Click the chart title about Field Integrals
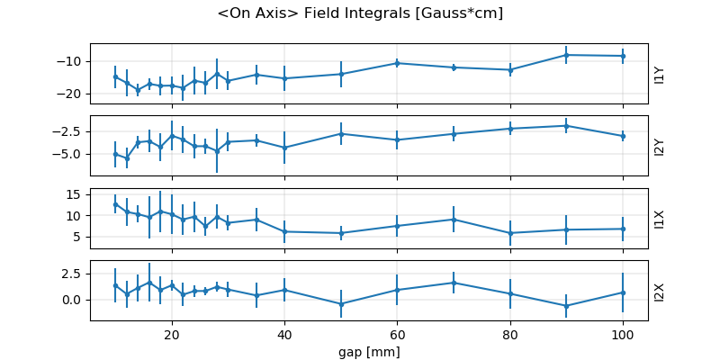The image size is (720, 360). click(x=360, y=13)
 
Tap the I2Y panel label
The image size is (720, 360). click(x=660, y=146)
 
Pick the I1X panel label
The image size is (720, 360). click(x=660, y=219)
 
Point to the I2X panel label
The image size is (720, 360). click(x=660, y=291)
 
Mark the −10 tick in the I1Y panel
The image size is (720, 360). click(x=71, y=61)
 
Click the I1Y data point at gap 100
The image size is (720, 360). click(x=623, y=56)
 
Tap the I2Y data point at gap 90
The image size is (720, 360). click(x=566, y=125)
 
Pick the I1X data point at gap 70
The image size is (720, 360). click(x=454, y=219)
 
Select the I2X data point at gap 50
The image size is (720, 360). click(x=341, y=304)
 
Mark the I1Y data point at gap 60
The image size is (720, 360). click(x=397, y=63)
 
